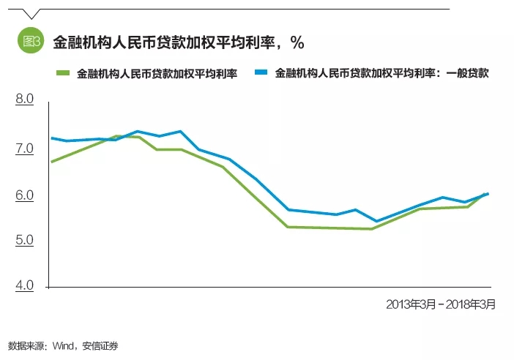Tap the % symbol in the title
[x=297, y=42]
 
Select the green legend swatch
[x=64, y=73]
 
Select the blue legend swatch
[x=261, y=73]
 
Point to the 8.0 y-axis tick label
[x=25, y=99]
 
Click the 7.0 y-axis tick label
[x=25, y=149]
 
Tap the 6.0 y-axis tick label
[x=25, y=196]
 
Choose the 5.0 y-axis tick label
[x=25, y=241]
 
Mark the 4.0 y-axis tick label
[x=25, y=285]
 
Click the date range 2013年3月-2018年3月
[x=441, y=304]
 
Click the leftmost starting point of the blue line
[x=51, y=138]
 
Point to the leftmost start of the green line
[x=51, y=162]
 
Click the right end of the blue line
[x=488, y=194]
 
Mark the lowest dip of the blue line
[x=376, y=221]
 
